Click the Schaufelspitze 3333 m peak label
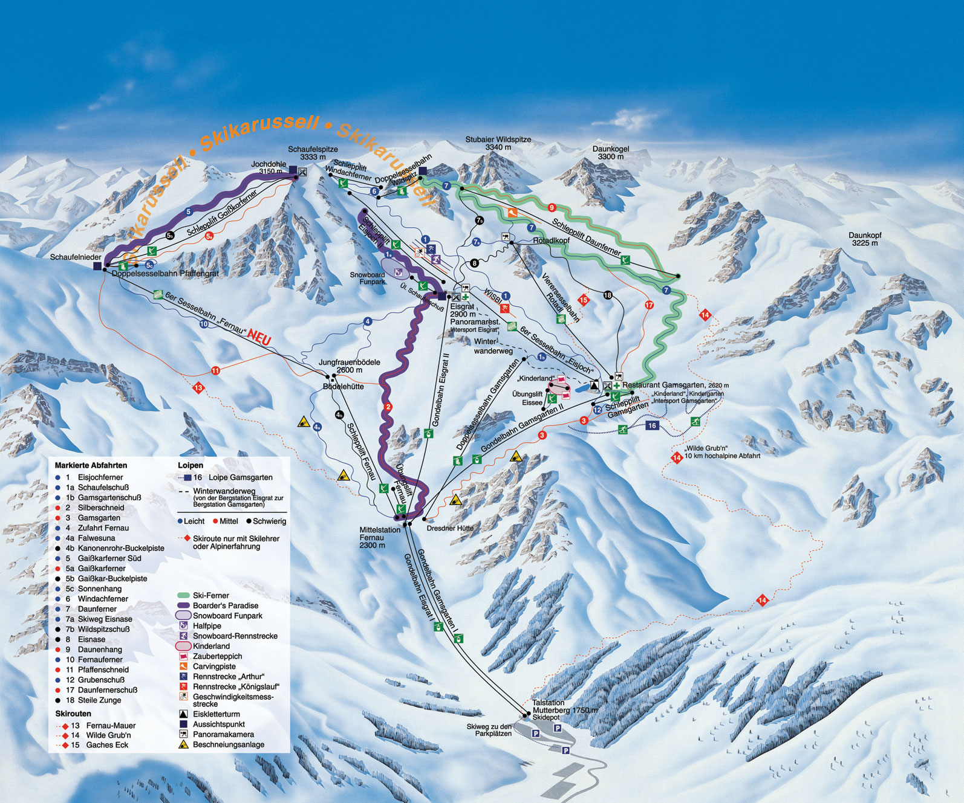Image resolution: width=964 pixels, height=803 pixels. (313, 153)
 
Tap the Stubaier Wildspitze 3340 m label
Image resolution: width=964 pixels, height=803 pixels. (498, 143)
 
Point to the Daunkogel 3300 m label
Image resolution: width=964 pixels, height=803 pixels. (611, 152)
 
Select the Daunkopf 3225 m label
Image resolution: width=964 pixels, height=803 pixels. (865, 239)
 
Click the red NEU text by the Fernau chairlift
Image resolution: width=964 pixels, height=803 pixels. (259, 338)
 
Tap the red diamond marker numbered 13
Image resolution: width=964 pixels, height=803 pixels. (198, 388)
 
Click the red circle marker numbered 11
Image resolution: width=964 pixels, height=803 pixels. (215, 370)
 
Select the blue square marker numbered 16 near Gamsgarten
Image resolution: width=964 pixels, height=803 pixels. (652, 425)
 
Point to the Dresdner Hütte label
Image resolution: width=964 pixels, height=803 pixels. (450, 528)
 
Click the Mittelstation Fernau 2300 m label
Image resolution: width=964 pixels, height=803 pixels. (379, 537)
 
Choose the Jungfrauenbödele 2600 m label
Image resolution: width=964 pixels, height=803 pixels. (349, 366)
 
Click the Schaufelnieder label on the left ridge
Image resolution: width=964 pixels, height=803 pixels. (76, 257)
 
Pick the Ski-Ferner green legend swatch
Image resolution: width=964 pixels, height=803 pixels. (184, 596)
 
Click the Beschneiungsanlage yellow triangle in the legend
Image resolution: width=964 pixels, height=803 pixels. (183, 744)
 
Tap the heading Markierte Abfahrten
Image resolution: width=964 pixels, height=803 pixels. (91, 465)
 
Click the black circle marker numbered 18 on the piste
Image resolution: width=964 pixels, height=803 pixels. (608, 295)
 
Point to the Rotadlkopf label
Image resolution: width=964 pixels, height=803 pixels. (551, 240)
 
